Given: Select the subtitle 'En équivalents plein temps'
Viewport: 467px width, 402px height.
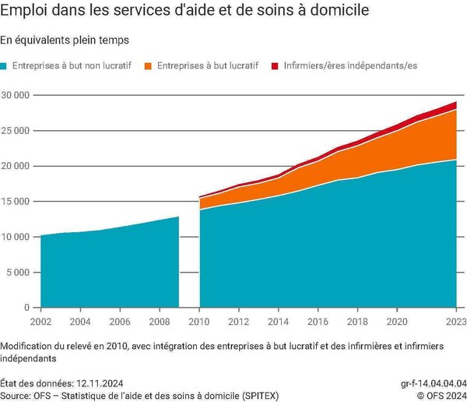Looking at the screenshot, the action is pyautogui.click(x=65, y=41).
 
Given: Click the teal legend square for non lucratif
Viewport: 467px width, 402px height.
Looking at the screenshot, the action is pyautogui.click(x=3, y=66).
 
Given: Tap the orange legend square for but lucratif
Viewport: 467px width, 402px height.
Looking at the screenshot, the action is pyautogui.click(x=148, y=66).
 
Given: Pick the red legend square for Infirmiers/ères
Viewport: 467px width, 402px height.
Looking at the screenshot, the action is pyautogui.click(x=275, y=66).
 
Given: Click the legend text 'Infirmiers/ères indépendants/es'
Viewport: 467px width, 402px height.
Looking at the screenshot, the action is pyautogui.click(x=350, y=65).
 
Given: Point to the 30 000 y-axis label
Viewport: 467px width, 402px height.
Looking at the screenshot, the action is pyautogui.click(x=16, y=95).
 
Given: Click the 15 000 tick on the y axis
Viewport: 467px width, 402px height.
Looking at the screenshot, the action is pyautogui.click(x=16, y=201).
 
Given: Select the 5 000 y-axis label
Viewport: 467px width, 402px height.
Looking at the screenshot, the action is pyautogui.click(x=18, y=272).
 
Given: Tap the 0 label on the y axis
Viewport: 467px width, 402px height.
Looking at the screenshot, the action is pyautogui.click(x=26, y=308).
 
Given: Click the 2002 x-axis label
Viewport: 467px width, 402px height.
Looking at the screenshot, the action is pyautogui.click(x=40, y=322).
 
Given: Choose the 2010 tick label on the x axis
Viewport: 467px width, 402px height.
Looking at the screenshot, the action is pyautogui.click(x=199, y=322).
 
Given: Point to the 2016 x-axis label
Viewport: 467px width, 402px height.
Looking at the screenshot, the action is pyautogui.click(x=318, y=322).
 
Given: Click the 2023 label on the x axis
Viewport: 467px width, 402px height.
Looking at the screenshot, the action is pyautogui.click(x=456, y=322).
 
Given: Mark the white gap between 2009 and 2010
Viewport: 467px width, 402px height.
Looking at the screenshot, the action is pyautogui.click(x=189, y=263).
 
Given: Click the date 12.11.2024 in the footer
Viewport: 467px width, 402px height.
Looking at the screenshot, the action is pyautogui.click(x=100, y=383).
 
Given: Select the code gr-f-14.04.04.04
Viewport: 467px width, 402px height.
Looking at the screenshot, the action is pyautogui.click(x=434, y=383).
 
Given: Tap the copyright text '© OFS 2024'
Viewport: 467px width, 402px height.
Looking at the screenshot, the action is pyautogui.click(x=442, y=396).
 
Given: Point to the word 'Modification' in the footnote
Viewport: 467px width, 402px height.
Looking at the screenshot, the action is pyautogui.click(x=26, y=346).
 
